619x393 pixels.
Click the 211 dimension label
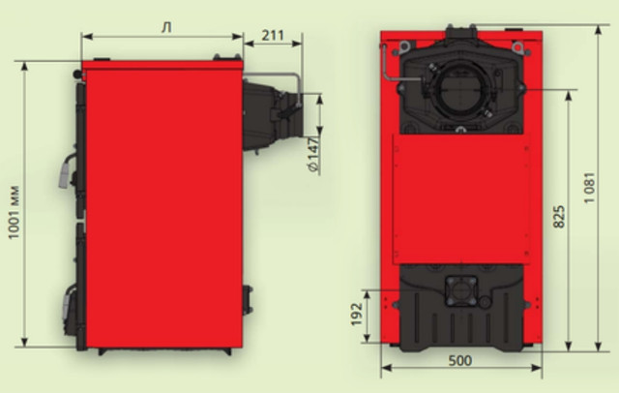click(273, 35)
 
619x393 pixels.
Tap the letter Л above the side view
click(167, 28)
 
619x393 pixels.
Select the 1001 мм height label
click(14, 212)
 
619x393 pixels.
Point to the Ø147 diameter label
click(313, 155)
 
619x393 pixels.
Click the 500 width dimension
click(460, 360)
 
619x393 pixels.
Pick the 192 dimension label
click(357, 314)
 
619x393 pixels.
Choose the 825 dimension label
click(559, 217)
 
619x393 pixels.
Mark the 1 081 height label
click(589, 188)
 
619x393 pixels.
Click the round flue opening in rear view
click(460, 90)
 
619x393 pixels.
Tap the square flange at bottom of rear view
click(461, 291)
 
